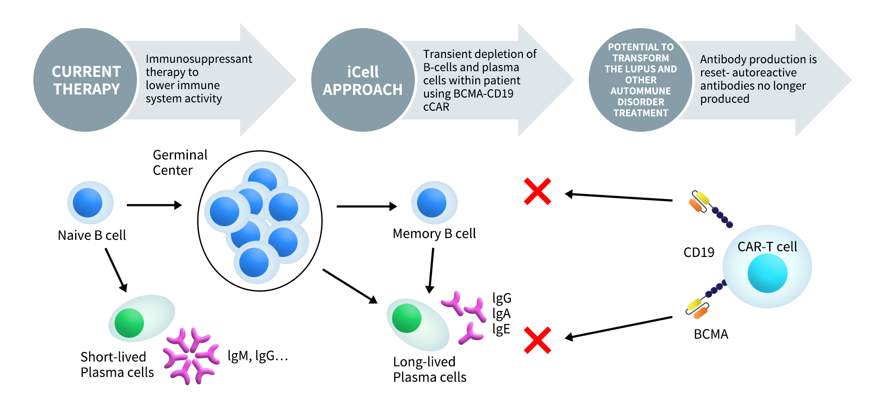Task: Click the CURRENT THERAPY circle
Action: [86, 80]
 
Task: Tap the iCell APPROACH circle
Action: [363, 80]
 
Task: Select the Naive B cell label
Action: [92, 235]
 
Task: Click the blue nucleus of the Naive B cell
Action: [88, 203]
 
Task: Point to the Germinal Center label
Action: [180, 163]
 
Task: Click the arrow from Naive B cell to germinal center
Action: [154, 205]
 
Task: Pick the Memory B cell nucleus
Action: [432, 203]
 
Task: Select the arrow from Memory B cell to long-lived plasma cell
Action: [431, 270]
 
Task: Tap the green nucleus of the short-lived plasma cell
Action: [129, 323]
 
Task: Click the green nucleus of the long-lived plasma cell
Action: [407, 318]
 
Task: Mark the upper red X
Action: [537, 192]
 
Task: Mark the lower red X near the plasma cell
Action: [537, 340]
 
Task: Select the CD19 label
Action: [698, 253]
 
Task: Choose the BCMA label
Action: [711, 335]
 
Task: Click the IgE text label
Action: [501, 329]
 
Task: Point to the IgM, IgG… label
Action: [258, 356]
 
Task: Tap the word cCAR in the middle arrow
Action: [436, 107]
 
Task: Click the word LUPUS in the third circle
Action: [641, 69]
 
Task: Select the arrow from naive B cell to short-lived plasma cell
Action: [116, 270]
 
